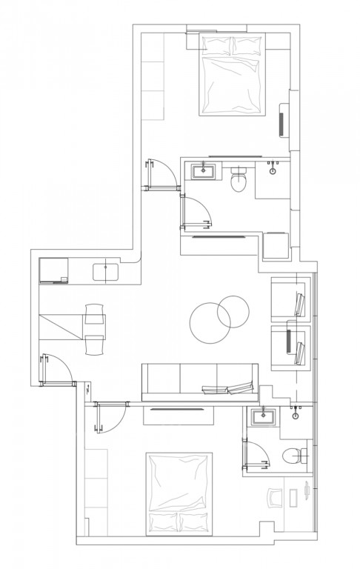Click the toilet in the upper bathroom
tap(239, 180)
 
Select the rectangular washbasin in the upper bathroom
tap(204, 173)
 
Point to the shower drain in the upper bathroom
tap(273, 170)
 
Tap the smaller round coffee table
tap(234, 311)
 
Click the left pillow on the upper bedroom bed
tap(216, 47)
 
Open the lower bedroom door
tap(110, 418)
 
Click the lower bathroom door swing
tap(256, 453)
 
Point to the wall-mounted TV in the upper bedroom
tap(282, 120)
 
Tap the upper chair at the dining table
tap(95, 313)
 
